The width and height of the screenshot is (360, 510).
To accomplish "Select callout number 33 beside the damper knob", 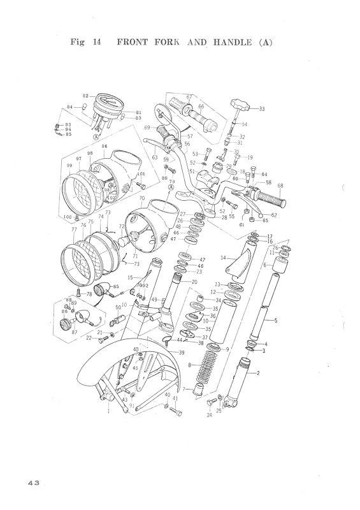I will pyautogui.click(x=261, y=109).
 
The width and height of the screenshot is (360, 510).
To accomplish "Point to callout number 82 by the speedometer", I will pyautogui.click(x=85, y=95).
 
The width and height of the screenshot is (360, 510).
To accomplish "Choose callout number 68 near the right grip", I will pyautogui.click(x=280, y=186).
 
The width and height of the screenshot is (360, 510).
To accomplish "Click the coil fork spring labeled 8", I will pyautogui.click(x=206, y=366).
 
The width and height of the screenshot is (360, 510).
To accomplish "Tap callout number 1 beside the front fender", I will pyautogui.click(x=108, y=412).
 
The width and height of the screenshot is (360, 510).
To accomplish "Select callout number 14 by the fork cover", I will pyautogui.click(x=223, y=258).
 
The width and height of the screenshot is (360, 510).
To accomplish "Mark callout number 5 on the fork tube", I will pyautogui.click(x=275, y=321).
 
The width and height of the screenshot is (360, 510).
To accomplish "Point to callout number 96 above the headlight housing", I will pyautogui.click(x=121, y=146).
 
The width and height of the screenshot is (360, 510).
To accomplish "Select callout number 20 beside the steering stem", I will pyautogui.click(x=194, y=282).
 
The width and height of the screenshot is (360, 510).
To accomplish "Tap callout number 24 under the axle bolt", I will pyautogui.click(x=208, y=415).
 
